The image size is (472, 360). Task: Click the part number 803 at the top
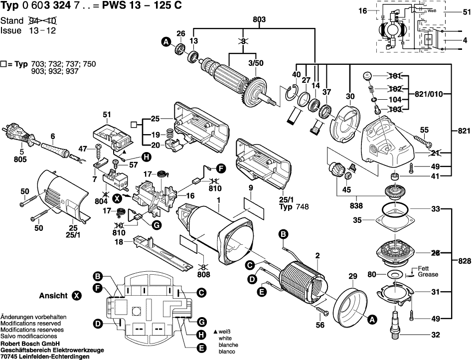[x=259, y=19]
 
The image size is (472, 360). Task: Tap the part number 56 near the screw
[x=320, y=325]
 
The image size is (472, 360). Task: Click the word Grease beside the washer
[x=428, y=275]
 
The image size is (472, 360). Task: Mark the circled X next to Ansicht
[x=76, y=296]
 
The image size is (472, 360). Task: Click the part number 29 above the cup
[x=353, y=276]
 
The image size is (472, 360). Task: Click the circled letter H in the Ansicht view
[x=201, y=334]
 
